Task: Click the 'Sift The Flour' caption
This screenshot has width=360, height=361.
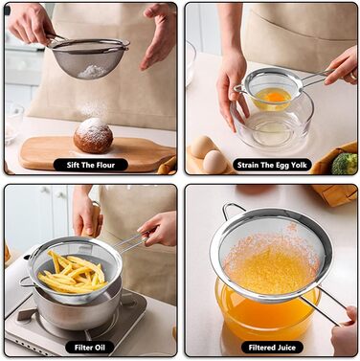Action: tap(91, 165)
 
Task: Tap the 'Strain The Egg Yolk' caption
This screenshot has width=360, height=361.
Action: tap(272, 165)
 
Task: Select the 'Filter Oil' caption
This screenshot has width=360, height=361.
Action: tap(90, 348)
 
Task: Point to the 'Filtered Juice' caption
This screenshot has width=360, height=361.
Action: tap(272, 348)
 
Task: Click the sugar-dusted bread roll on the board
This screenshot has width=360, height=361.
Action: tap(93, 135)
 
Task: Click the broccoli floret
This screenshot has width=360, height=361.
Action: tap(344, 164)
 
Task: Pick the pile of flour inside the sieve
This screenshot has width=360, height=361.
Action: tap(93, 72)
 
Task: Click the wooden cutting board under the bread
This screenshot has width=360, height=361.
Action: tap(96, 154)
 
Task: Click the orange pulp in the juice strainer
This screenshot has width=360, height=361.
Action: tap(271, 261)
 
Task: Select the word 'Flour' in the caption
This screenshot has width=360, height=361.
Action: tap(104, 165)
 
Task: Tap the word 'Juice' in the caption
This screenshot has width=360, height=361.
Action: tap(285, 348)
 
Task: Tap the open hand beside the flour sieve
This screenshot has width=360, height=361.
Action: tap(160, 35)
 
